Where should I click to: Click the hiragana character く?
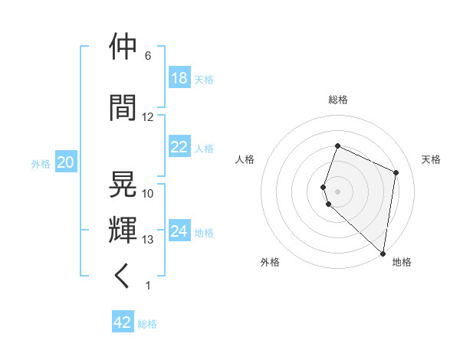[123, 275]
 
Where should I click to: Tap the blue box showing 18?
[179, 79]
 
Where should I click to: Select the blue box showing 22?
[179, 148]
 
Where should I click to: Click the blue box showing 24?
[179, 232]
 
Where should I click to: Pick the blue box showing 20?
[65, 163]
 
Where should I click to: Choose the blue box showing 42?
[123, 322]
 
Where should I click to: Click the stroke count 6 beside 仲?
[148, 56]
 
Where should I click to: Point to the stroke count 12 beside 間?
[148, 117]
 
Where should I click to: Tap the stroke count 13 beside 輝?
[148, 240]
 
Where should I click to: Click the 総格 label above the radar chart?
[338, 100]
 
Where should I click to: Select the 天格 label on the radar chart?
[431, 159]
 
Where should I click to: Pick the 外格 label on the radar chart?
[270, 262]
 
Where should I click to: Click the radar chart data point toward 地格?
[383, 253]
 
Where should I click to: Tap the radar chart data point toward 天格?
[396, 172]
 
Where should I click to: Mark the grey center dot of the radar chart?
[338, 191]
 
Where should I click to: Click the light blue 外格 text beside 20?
[41, 164]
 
